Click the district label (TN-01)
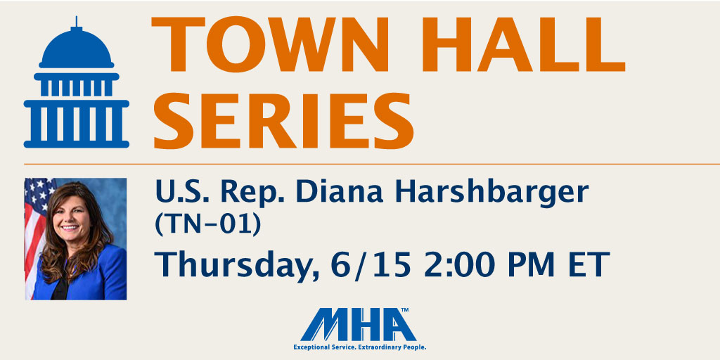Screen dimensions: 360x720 coord(207,224)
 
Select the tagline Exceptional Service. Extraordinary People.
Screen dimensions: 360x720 coord(360,347)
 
